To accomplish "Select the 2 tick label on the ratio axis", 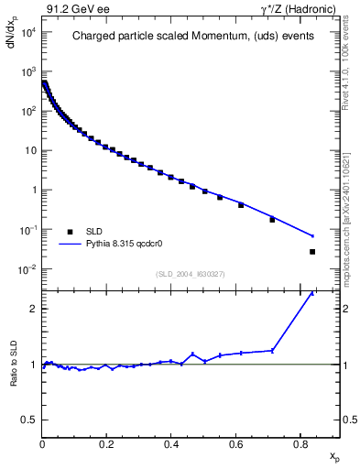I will (x=33, y=309).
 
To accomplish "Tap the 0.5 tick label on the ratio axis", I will (x=29, y=420).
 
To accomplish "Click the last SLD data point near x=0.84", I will (x=312, y=251).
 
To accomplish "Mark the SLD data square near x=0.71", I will (x=272, y=220).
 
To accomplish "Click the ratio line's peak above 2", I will (x=312, y=294).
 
